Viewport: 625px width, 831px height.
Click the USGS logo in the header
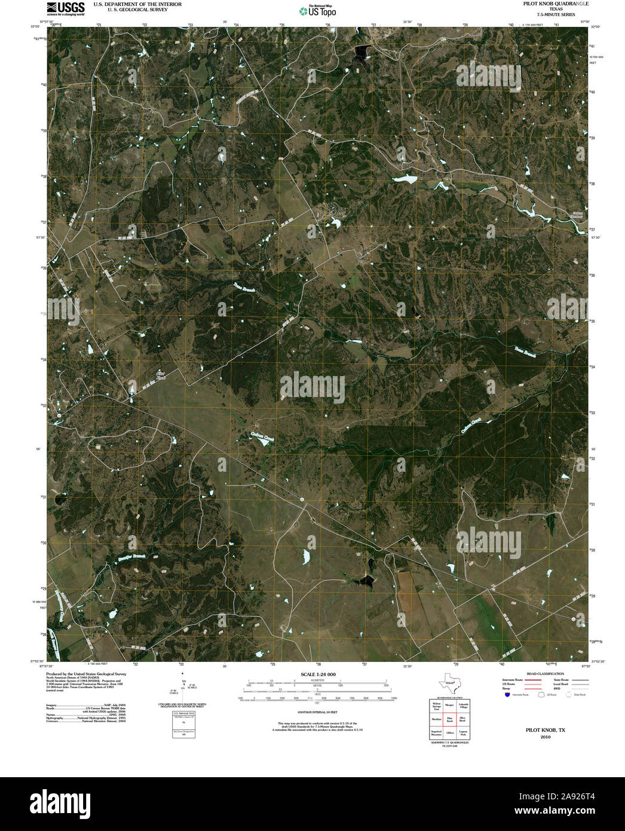pyautogui.click(x=65, y=7)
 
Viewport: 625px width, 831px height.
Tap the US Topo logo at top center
pyautogui.click(x=318, y=10)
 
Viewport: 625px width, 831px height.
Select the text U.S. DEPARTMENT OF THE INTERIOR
pyautogui.click(x=137, y=4)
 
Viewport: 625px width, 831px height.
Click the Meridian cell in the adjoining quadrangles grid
pyautogui.click(x=436, y=719)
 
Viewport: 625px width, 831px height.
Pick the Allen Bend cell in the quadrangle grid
pyautogui.click(x=462, y=719)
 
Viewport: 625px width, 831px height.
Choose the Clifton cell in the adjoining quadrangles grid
pyautogui.click(x=449, y=732)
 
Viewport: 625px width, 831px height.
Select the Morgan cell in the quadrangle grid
pyautogui.click(x=449, y=705)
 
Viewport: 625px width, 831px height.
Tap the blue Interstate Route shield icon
pyautogui.click(x=507, y=695)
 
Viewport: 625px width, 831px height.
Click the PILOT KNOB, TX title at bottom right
pyautogui.click(x=545, y=731)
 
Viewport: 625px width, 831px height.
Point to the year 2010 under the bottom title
pyautogui.click(x=545, y=737)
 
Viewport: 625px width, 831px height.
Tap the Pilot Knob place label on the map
pyautogui.click(x=160, y=375)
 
